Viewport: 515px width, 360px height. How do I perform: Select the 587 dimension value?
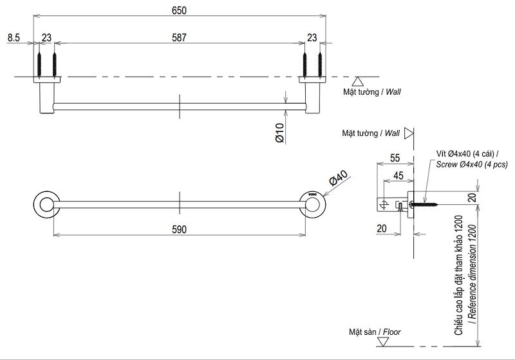tap(179, 38)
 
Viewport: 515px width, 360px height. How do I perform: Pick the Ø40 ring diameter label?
tap(337, 180)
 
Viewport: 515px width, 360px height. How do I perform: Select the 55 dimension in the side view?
tap(395, 158)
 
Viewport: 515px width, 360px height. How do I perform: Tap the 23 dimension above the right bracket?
tap(312, 38)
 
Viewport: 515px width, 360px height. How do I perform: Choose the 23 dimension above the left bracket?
tap(46, 38)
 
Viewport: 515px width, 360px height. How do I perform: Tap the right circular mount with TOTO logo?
tap(313, 204)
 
